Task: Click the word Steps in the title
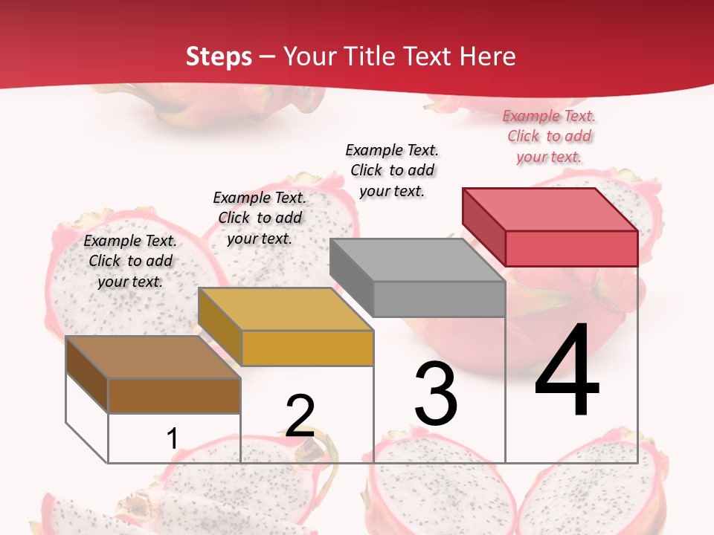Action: [x=218, y=56]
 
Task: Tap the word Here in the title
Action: [x=488, y=56]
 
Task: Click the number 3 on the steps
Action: [x=436, y=394]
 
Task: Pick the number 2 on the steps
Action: [x=300, y=416]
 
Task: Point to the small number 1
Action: [x=173, y=439]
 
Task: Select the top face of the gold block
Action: [x=286, y=309]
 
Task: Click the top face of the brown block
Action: [x=153, y=357]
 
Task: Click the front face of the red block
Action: [x=571, y=248]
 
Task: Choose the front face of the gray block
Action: [x=439, y=299]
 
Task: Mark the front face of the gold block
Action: [x=307, y=348]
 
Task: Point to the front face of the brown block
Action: [x=174, y=395]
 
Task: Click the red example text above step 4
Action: [x=549, y=136]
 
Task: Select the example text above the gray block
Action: [x=392, y=170]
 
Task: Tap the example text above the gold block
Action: [x=260, y=218]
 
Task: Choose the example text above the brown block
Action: [x=130, y=261]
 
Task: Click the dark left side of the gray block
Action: [x=351, y=277]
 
